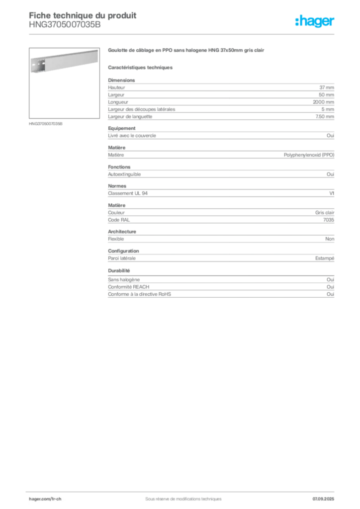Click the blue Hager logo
tap(316, 21)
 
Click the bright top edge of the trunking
tap(65, 53)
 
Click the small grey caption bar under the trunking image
tap(46, 123)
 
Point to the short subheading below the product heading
tap(141, 67)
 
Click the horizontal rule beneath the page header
tap(183, 34)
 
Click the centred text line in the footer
tap(181, 495)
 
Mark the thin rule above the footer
tap(183, 490)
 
